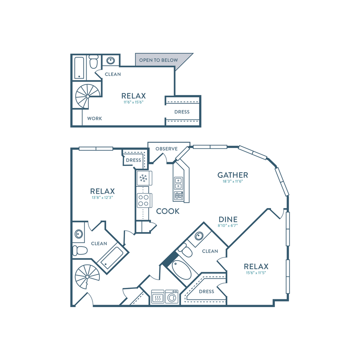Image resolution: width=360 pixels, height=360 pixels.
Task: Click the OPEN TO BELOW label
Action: [158, 60]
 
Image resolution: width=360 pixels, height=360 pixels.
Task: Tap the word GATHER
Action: [232, 175]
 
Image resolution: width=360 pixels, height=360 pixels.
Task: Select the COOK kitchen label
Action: [168, 211]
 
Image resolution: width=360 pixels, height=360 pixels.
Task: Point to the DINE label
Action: [228, 219]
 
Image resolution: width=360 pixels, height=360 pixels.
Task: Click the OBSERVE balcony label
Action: [166, 149]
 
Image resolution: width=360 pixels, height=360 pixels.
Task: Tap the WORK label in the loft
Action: [94, 119]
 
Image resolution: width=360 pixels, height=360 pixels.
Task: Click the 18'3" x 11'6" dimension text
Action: [232, 181]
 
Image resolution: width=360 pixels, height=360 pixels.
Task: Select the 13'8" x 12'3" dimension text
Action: [102, 197]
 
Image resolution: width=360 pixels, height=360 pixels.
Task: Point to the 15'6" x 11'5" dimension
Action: [256, 273]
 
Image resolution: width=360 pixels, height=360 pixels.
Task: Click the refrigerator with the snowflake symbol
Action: [144, 178]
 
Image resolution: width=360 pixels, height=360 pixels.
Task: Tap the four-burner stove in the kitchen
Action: [144, 200]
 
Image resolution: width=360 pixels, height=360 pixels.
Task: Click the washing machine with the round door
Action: [171, 297]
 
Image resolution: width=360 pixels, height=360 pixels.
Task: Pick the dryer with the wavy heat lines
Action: [158, 297]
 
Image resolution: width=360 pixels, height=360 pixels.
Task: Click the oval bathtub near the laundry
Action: [181, 270]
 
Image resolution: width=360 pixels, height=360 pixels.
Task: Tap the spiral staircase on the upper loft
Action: [88, 96]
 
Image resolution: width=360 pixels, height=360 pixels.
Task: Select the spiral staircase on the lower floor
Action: [87, 277]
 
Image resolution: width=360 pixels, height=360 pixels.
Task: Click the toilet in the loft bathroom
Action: [93, 61]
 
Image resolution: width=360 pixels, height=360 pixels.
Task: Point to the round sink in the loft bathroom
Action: [110, 61]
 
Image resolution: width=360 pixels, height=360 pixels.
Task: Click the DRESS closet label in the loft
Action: [182, 112]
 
